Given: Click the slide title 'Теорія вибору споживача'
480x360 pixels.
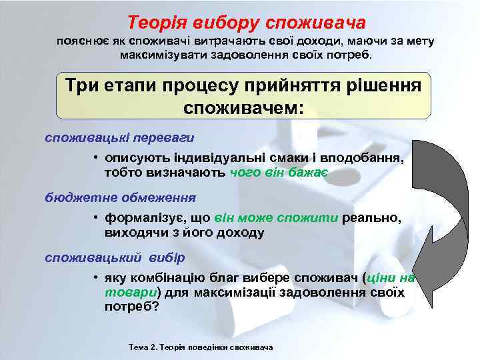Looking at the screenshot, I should pos(247,23).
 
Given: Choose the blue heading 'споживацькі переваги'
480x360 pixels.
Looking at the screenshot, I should pos(119,138).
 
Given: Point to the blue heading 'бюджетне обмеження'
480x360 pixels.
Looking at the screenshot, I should pos(120,197).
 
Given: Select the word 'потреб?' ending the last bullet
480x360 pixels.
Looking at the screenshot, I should pos(132,307).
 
